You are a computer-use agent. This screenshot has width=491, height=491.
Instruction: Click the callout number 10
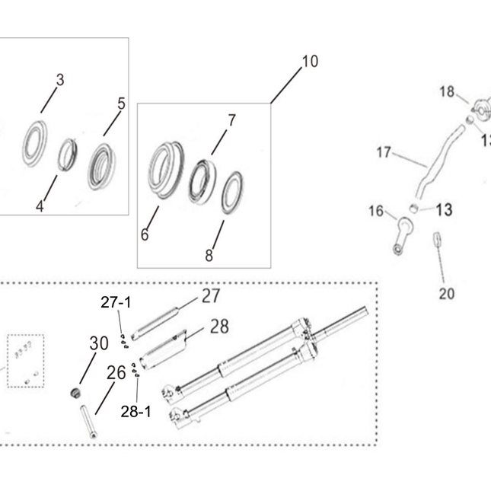point(310,62)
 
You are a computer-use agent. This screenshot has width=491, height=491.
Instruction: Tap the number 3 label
point(60,80)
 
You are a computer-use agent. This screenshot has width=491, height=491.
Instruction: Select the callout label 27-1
point(116,302)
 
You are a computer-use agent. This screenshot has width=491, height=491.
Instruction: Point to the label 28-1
point(136,412)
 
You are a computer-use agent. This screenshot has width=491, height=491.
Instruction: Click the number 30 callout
point(99,343)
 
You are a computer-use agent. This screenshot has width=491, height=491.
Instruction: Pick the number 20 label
point(447,294)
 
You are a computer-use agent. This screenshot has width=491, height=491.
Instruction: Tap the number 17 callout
point(384,152)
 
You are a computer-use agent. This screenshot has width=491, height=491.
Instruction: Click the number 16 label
point(376,211)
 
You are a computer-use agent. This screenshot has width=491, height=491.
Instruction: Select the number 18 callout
point(447,92)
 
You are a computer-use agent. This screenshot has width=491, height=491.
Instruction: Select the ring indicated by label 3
point(26,143)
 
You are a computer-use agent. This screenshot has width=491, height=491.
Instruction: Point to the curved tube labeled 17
point(435,163)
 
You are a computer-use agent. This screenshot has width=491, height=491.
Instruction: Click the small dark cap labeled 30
point(75,393)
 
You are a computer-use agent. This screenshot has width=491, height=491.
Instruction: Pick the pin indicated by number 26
point(88,422)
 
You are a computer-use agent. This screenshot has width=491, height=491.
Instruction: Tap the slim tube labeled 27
point(155,324)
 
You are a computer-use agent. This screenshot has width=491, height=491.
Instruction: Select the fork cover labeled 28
point(163,349)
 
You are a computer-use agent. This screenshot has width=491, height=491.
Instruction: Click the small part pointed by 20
point(438,239)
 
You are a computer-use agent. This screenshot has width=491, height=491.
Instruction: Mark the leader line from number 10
point(286,85)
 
